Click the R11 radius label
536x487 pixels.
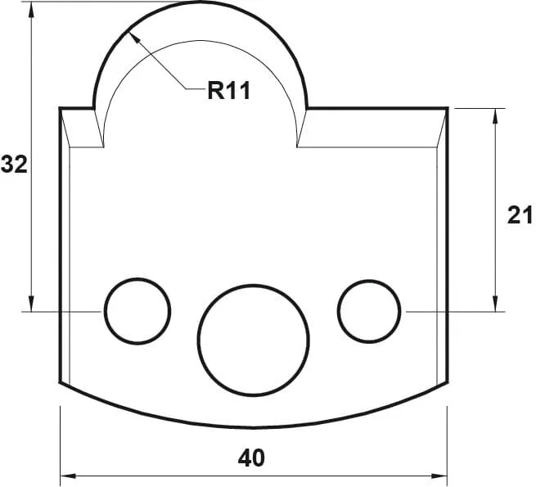pos(228,90)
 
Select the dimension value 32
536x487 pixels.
pos(14,165)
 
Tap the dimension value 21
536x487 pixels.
pos(520,214)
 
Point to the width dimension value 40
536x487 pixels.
pos(252,458)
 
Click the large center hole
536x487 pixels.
pos(254,338)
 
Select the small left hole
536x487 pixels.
pos(137,311)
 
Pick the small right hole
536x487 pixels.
pos(369,311)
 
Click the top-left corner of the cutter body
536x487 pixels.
pos(61,108)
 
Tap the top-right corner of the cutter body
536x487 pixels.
pos(447,108)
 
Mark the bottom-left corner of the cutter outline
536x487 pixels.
pos(61,381)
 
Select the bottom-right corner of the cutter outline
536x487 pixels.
pos(447,381)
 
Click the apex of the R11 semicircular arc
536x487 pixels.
pos(201,2)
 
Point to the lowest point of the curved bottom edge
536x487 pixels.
pos(254,427)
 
